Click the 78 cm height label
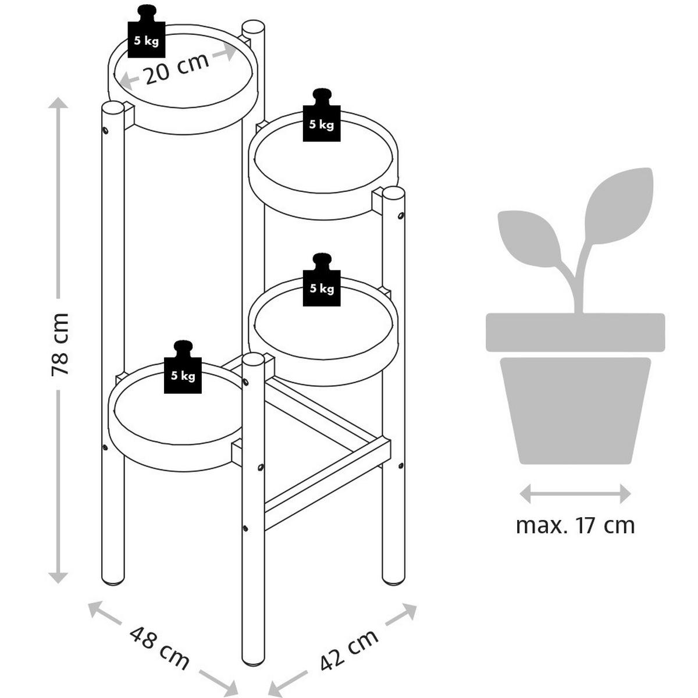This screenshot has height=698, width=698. (x=60, y=344)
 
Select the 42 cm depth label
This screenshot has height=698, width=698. (x=349, y=647)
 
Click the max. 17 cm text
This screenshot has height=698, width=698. (x=575, y=525)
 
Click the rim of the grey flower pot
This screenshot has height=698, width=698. (x=575, y=332)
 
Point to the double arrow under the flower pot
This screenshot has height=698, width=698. (x=575, y=494)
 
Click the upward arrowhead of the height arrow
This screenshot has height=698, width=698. (x=58, y=104)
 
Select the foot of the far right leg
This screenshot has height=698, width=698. (x=394, y=579)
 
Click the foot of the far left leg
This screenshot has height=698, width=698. (x=113, y=579)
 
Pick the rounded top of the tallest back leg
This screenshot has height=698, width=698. (x=253, y=27)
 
